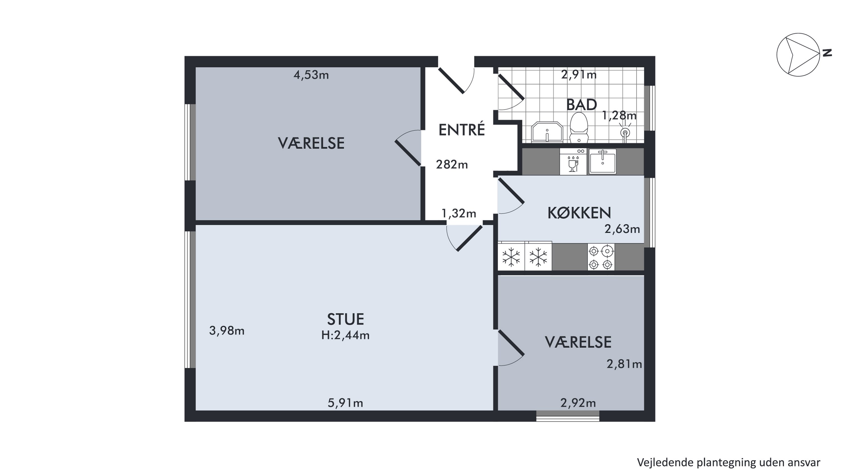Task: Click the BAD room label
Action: pos(581,105)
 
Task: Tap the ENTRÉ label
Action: pos(462,130)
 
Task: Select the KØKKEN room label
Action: pos(579,213)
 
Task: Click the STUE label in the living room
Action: pos(345,319)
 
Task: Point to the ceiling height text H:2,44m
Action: pos(345,335)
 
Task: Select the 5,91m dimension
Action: pos(345,403)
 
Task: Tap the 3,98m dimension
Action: pos(227,331)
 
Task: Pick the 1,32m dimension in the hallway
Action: pos(459,214)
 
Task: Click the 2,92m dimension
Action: pos(578,403)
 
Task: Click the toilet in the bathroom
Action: pos(578,128)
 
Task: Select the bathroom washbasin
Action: pos(547,132)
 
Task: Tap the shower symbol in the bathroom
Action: pos(625,132)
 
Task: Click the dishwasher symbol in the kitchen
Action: pos(573,162)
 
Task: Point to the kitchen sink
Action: pos(603,161)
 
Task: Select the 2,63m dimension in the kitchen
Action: pos(622,229)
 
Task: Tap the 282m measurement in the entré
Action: pos(452,164)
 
